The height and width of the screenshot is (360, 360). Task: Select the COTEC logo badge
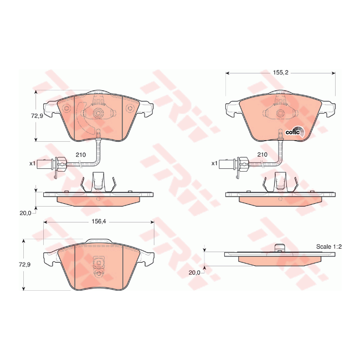293,132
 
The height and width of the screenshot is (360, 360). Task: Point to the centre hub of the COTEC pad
281,114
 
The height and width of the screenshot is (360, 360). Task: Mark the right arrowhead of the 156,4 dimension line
152,222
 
